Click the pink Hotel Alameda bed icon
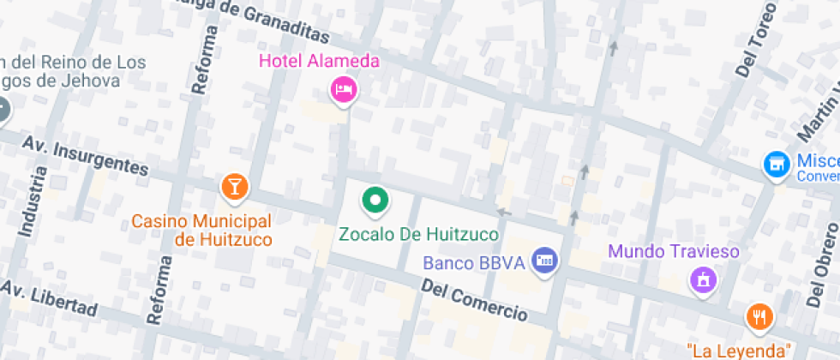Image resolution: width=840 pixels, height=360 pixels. (x=343, y=89)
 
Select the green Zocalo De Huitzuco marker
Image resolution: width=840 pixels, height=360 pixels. (x=374, y=201)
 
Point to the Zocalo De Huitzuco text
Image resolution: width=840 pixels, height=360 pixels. (x=418, y=233)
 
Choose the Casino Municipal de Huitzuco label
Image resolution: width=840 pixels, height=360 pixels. (x=201, y=231)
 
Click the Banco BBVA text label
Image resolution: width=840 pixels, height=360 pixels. (x=473, y=262)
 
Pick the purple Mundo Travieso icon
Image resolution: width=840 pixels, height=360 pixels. (x=703, y=279)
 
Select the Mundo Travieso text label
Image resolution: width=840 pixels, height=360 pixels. (x=673, y=252)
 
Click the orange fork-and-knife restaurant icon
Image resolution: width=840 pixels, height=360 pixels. (x=759, y=318)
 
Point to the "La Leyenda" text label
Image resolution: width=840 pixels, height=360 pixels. (x=738, y=351)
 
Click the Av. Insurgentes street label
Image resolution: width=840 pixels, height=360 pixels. (x=86, y=156)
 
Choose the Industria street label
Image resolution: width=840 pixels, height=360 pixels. (x=31, y=201)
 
